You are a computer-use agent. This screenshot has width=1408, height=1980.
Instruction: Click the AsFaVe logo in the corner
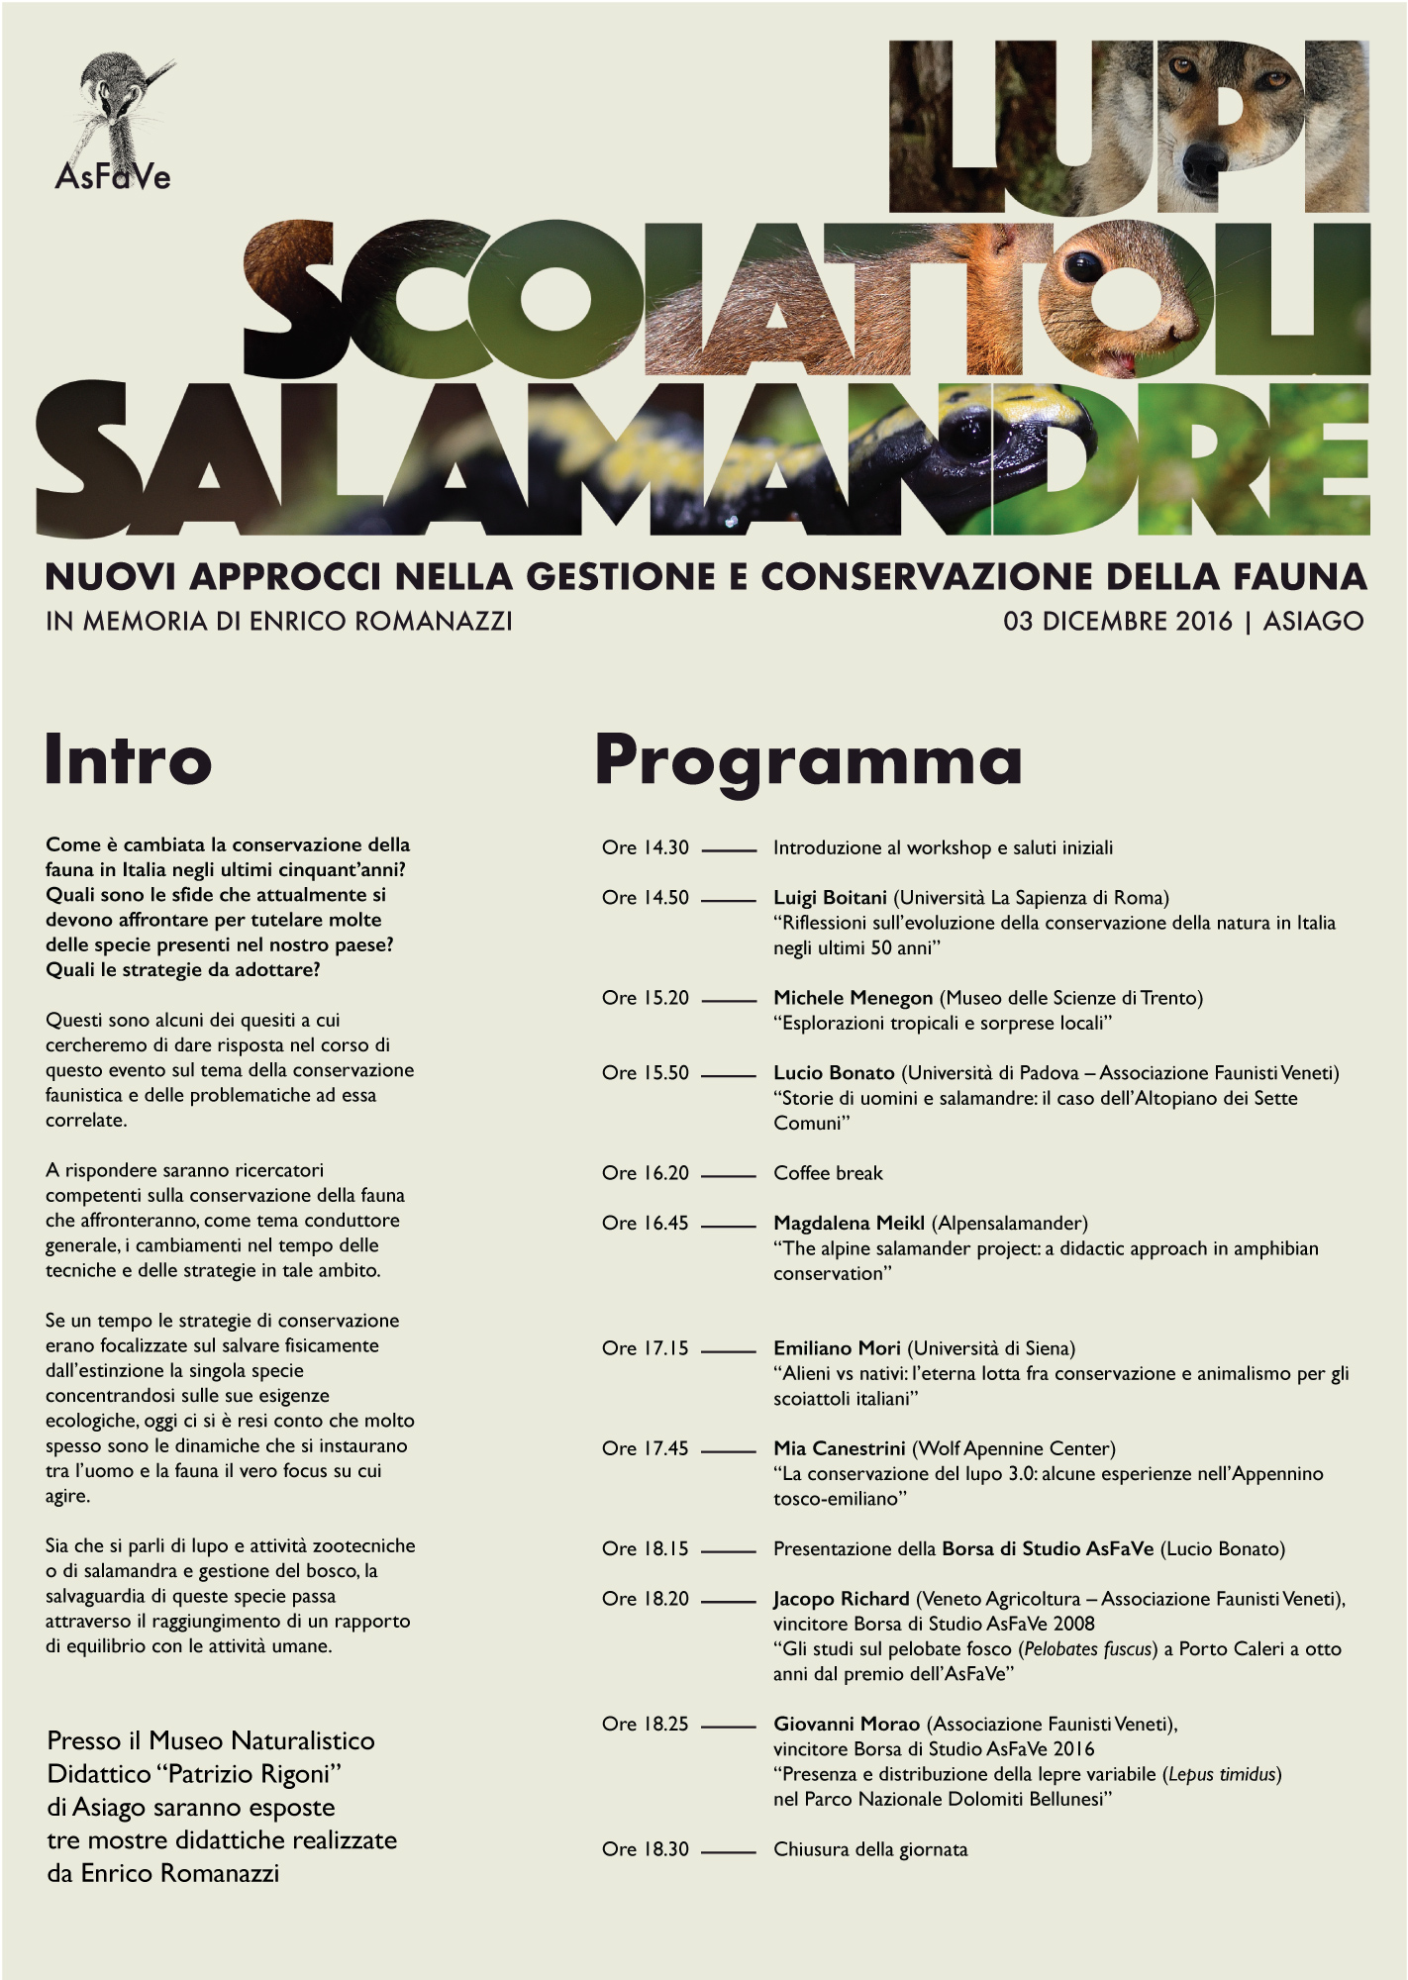tap(114, 123)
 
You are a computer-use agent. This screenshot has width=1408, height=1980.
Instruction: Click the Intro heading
tap(129, 760)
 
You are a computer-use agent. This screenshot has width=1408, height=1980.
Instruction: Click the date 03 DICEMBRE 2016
tap(1118, 622)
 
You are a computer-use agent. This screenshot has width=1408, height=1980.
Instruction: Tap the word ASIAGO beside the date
tap(1313, 622)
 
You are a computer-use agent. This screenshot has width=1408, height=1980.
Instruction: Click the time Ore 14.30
tap(646, 848)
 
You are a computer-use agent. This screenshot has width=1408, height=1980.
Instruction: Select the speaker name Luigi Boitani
tap(830, 898)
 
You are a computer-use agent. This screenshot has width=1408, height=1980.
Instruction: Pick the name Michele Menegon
tap(853, 998)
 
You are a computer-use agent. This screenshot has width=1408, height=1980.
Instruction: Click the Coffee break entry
tap(828, 1173)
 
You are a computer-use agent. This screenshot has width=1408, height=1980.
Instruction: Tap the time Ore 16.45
tap(646, 1224)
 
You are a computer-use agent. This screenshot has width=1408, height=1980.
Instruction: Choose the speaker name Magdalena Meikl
tap(849, 1224)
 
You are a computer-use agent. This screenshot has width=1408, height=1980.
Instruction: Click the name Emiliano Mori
tap(837, 1348)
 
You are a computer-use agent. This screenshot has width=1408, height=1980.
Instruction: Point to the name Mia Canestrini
tap(839, 1448)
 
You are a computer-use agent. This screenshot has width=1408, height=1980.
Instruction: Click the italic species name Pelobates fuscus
tap(1089, 1649)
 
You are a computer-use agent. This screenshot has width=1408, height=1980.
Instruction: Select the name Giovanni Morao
tap(847, 1725)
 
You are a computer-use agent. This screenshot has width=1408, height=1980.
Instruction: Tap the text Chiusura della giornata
tap(870, 1849)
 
